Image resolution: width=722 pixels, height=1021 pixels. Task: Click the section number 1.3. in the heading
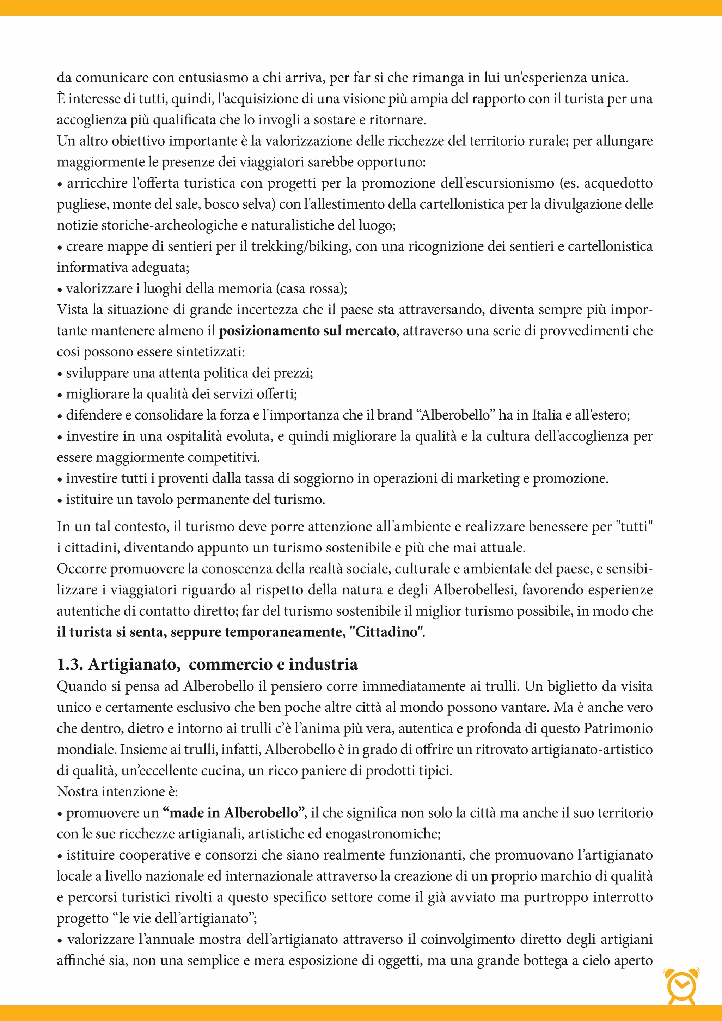(x=70, y=664)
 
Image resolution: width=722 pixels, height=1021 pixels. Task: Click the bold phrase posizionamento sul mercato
(x=307, y=331)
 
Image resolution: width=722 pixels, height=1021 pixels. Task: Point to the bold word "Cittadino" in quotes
(x=386, y=632)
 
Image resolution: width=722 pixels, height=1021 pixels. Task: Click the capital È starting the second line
(x=61, y=99)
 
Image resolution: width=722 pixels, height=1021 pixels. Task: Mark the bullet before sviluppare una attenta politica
(x=60, y=374)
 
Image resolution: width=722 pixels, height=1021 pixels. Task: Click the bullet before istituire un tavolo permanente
(x=60, y=501)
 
